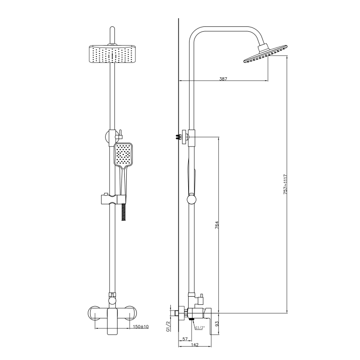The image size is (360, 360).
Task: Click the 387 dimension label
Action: pos(222,78)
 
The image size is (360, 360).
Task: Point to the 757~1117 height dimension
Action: pos(285,183)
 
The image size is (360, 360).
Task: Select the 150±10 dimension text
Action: pos(141,326)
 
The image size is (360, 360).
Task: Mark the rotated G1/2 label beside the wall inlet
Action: pos(168,327)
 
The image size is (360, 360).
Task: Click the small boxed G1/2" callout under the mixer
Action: pos(200,327)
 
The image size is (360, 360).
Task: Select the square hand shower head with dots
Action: pos(124,154)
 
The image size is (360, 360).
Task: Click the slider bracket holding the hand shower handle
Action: pos(112,199)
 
